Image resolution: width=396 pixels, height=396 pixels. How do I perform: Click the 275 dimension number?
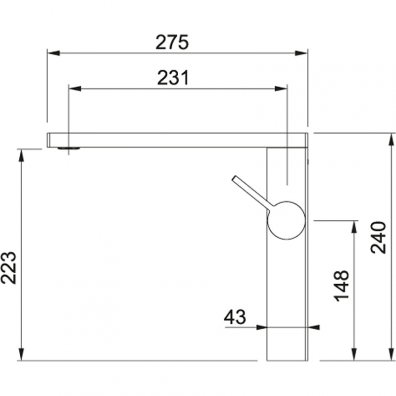click(172, 42)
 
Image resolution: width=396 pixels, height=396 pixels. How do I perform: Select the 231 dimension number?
click(173, 78)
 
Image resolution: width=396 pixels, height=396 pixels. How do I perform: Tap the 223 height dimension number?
click(8, 268)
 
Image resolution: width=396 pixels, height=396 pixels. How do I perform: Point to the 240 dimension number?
click(378, 238)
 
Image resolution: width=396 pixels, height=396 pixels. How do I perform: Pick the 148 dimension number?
click(342, 286)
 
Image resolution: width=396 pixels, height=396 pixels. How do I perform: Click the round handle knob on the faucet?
click(286, 220)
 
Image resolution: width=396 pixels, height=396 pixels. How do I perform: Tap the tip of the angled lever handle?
click(234, 178)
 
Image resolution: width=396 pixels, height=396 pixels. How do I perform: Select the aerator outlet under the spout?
click(69, 148)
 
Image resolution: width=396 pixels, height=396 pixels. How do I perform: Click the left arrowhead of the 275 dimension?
click(53, 53)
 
